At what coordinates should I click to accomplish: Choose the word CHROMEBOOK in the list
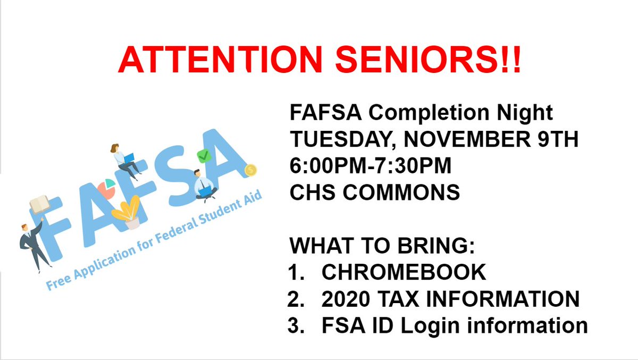coord(404,272)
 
